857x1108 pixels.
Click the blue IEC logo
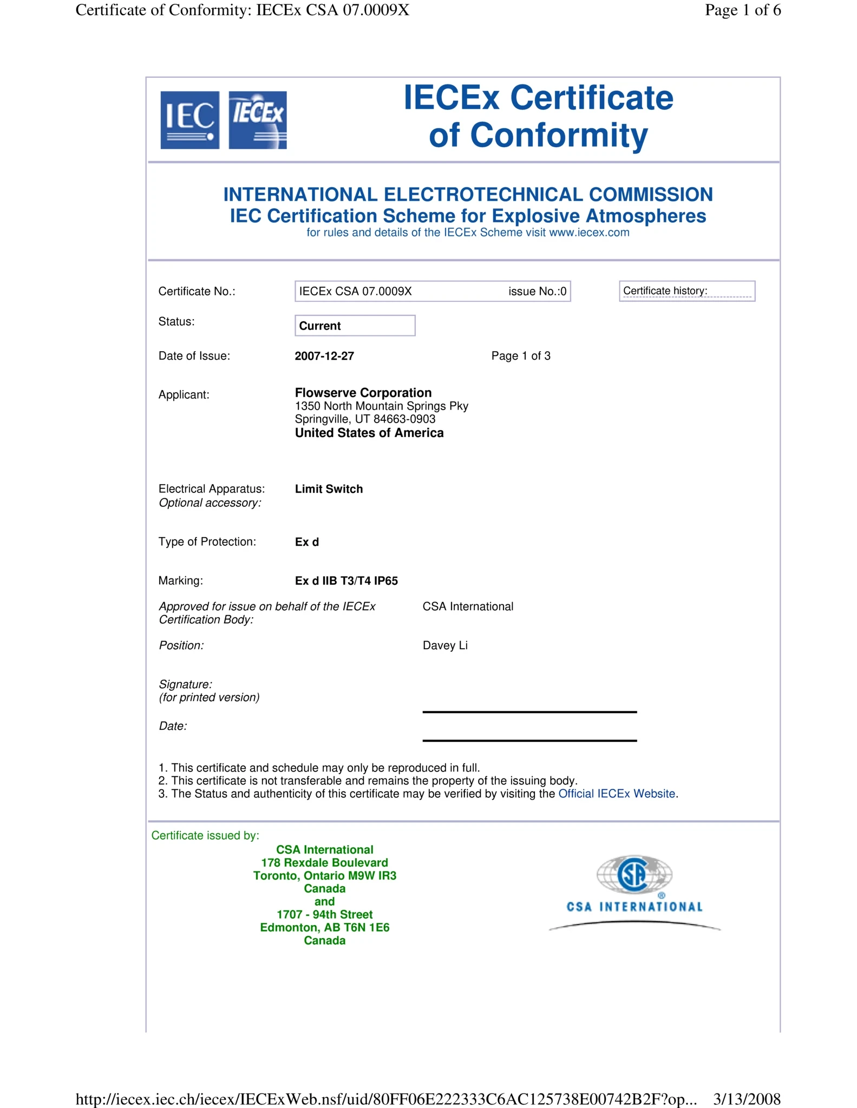click(x=189, y=120)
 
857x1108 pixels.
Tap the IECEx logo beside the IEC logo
click(x=258, y=120)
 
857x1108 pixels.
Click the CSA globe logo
click(x=634, y=874)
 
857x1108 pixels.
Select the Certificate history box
click(x=686, y=291)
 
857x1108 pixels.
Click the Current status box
click(x=355, y=326)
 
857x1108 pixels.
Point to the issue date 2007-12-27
click(x=324, y=356)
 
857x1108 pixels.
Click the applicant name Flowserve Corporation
click(x=363, y=393)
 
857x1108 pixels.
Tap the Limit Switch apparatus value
click(x=329, y=489)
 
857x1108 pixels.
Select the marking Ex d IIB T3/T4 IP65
click(x=346, y=581)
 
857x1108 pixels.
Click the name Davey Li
click(x=445, y=645)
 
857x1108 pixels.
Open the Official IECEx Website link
click(x=617, y=794)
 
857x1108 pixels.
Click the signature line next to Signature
click(x=529, y=711)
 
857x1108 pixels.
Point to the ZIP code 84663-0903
click(x=404, y=419)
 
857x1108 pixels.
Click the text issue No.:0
click(x=537, y=292)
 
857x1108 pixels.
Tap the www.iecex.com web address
click(x=589, y=233)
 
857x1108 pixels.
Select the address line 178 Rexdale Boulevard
click(x=324, y=862)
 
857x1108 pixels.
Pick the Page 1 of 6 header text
click(x=742, y=10)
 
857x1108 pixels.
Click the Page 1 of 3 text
click(x=521, y=356)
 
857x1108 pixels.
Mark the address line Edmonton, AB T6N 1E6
click(x=324, y=927)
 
